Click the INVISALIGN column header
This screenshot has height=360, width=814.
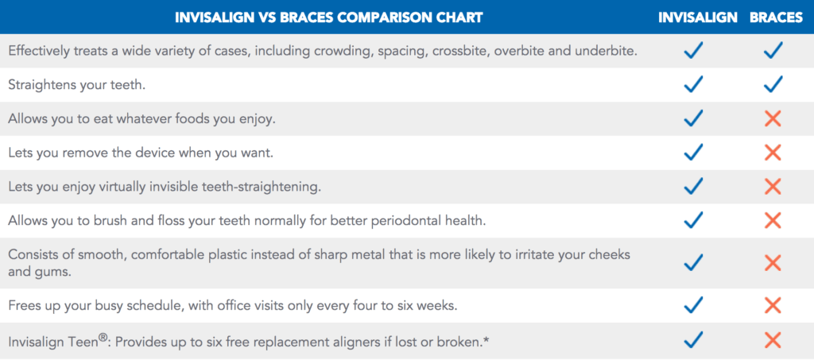pos(698,17)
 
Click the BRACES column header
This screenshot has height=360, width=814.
pos(776,17)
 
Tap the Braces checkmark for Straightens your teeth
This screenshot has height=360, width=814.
pos(773,84)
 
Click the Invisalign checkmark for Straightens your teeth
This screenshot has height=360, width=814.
pos(693,84)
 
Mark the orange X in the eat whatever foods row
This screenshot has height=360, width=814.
pos(773,118)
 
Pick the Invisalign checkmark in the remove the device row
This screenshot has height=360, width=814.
pos(693,152)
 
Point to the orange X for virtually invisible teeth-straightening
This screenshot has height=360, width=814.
pos(773,186)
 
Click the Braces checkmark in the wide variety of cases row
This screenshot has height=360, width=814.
pos(773,50)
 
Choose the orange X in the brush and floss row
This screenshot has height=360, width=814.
pos(773,220)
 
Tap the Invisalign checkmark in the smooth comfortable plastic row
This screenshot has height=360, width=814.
pos(693,262)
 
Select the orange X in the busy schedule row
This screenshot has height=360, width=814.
pos(773,305)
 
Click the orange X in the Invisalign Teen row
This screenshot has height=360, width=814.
pos(773,340)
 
